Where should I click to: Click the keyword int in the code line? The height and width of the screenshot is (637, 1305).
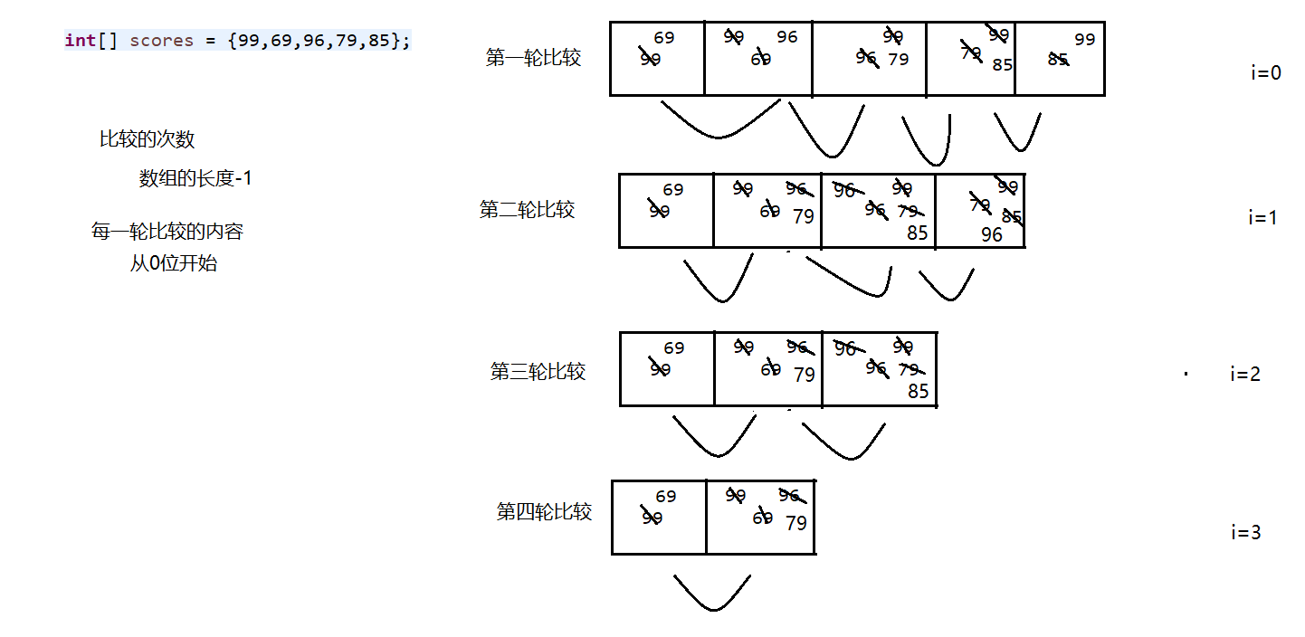(x=80, y=41)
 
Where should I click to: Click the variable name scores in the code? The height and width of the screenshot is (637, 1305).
(x=161, y=41)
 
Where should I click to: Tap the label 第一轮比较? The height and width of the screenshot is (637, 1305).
(x=533, y=59)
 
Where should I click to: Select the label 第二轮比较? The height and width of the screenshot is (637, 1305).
(x=527, y=210)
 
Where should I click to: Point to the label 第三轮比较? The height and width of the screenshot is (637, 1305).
(x=538, y=372)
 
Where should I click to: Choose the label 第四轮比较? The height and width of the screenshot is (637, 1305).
(x=544, y=512)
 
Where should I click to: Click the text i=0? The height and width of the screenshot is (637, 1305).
(x=1266, y=73)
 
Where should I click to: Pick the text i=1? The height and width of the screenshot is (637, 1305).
(x=1262, y=218)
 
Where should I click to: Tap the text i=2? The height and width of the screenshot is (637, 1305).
(x=1244, y=375)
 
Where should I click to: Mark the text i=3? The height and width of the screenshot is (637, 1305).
(x=1245, y=533)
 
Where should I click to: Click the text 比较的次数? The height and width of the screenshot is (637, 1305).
(x=147, y=139)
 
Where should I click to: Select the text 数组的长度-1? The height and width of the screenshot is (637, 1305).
(x=195, y=179)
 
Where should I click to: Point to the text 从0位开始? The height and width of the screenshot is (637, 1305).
(x=173, y=265)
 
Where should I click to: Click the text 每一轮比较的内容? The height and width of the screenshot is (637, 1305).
(x=167, y=232)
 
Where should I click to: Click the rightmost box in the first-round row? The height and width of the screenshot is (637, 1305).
(x=1060, y=59)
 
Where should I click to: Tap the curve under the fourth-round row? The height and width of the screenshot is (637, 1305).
(x=712, y=594)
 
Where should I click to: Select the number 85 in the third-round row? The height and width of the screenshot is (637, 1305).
(x=919, y=392)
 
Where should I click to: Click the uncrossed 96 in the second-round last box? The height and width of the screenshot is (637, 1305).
(x=992, y=234)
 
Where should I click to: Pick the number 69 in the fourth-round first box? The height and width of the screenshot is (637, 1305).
(x=666, y=497)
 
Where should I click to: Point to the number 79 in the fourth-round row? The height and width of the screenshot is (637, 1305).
(x=796, y=523)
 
